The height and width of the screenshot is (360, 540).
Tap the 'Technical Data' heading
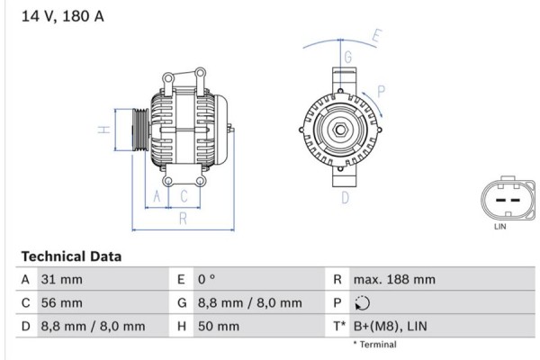point(71,256)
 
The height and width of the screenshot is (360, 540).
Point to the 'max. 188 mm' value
point(394,280)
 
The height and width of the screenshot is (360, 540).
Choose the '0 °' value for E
point(206,280)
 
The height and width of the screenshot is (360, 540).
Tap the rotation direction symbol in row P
point(362,303)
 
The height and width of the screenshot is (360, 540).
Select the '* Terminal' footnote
point(373,345)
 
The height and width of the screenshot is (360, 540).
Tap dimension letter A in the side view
point(157,196)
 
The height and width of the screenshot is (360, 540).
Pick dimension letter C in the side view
point(184,196)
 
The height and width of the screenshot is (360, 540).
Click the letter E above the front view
point(377,38)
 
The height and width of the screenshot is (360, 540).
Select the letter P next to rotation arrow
point(382,90)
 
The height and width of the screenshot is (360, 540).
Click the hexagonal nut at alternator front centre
point(343,130)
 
